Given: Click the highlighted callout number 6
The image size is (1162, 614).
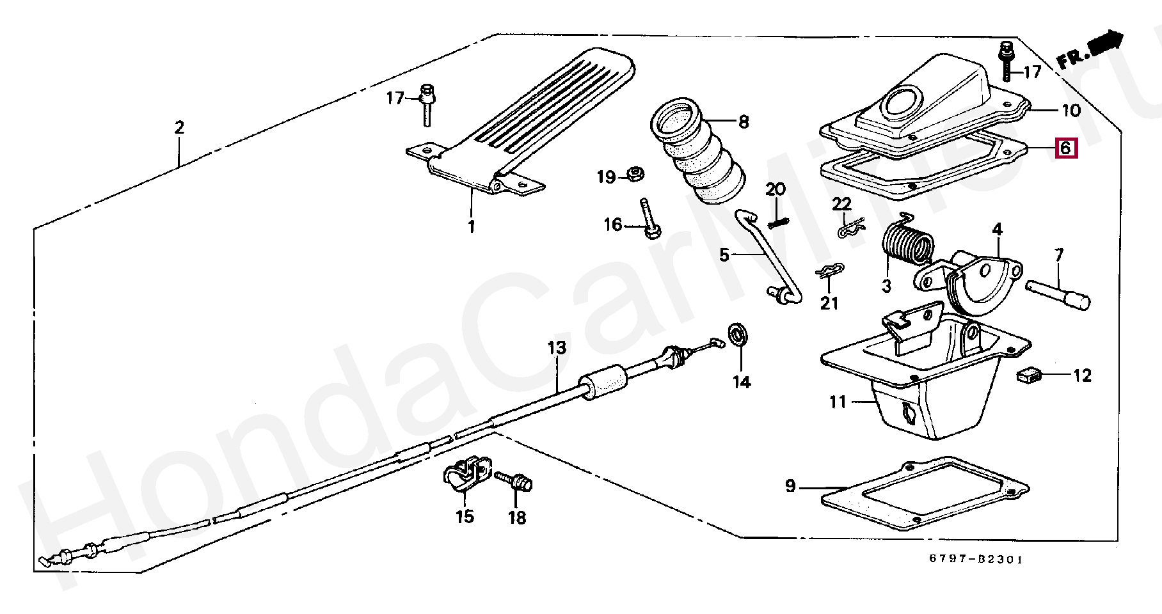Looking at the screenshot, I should [x=1065, y=148].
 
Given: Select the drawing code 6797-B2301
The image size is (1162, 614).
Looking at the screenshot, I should [x=976, y=559].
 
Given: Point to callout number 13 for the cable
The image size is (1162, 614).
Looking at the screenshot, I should [x=557, y=348].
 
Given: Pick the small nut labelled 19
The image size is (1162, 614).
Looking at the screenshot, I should [x=635, y=173].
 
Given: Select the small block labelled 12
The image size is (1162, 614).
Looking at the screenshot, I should [x=1028, y=375].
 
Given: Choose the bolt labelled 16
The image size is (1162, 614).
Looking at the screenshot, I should [x=649, y=221].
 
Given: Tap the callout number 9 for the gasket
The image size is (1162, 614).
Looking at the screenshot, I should [x=790, y=486].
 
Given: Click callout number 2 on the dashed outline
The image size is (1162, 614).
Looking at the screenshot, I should [x=179, y=127].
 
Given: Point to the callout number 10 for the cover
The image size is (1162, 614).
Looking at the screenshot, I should [x=1071, y=111].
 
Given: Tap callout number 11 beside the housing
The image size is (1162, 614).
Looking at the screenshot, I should [x=838, y=402].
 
